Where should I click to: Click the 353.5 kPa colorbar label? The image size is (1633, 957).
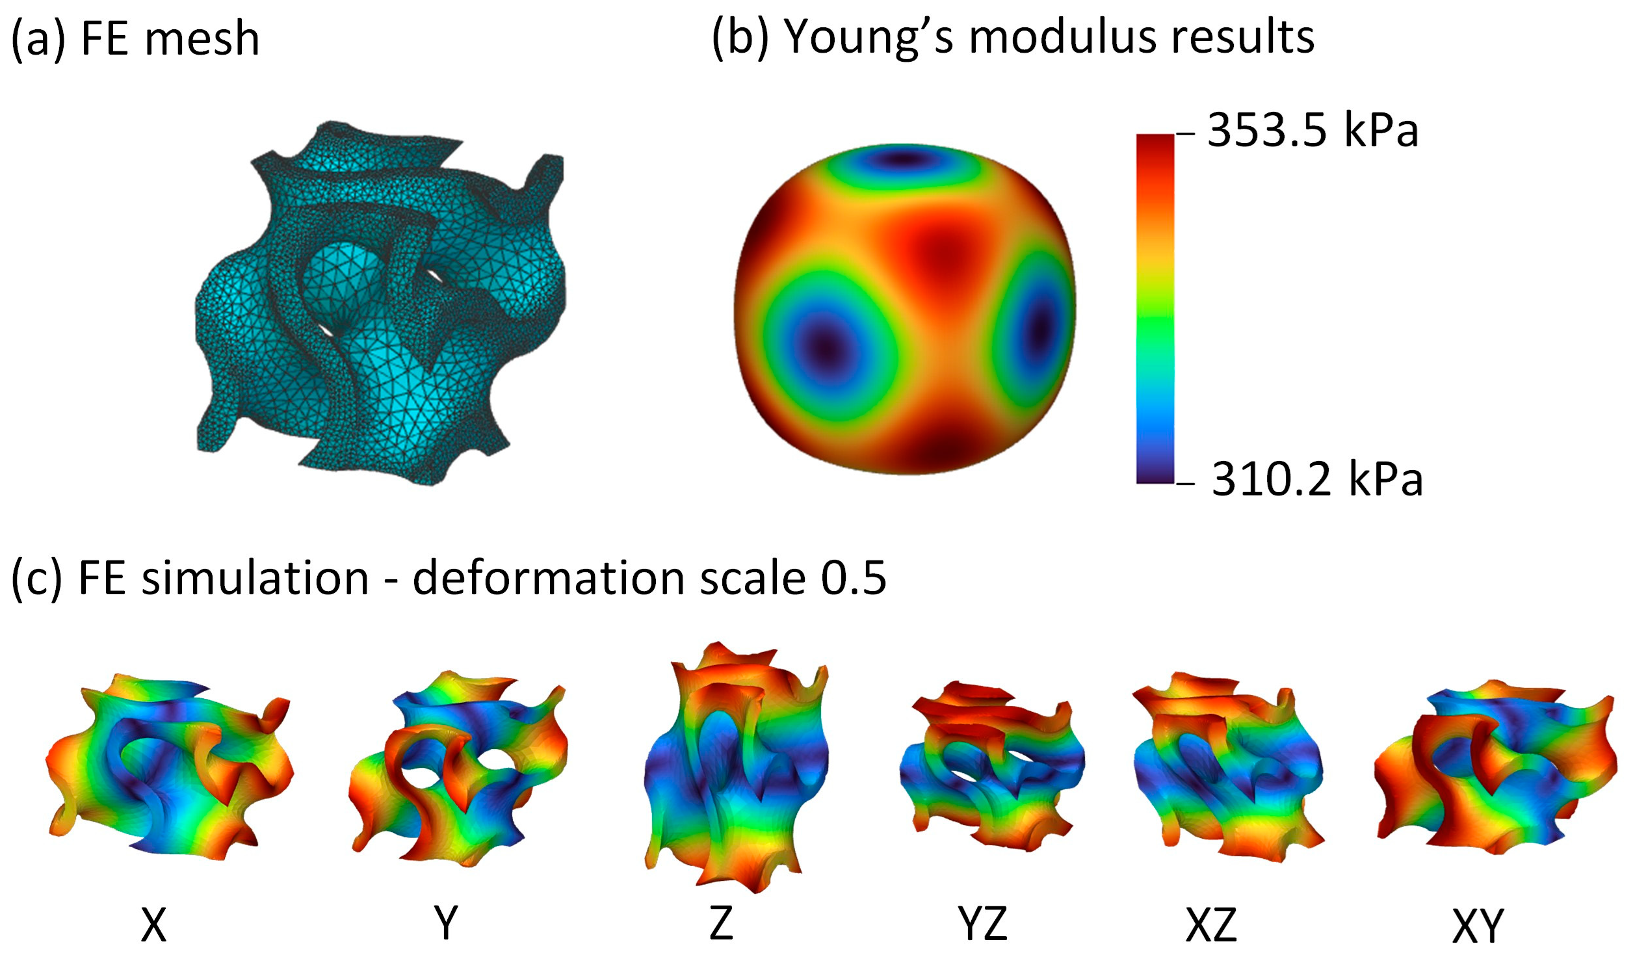[x=1312, y=131]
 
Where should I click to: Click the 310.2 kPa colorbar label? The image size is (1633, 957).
[x=1316, y=479]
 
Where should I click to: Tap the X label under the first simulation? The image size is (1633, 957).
[x=153, y=924]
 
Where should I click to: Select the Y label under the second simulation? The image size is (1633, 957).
[x=446, y=923]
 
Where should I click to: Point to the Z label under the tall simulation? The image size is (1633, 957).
[x=722, y=923]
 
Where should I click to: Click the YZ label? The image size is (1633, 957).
[x=982, y=924]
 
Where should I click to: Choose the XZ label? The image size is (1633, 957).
[x=1210, y=924]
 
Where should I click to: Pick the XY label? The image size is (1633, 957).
[x=1478, y=925]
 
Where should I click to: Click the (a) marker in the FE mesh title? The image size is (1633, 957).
[x=39, y=39]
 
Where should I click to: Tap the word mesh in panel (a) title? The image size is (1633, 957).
[x=202, y=39]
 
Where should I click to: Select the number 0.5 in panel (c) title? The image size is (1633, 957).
[x=854, y=577]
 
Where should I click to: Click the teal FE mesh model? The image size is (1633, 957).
[x=380, y=302]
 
